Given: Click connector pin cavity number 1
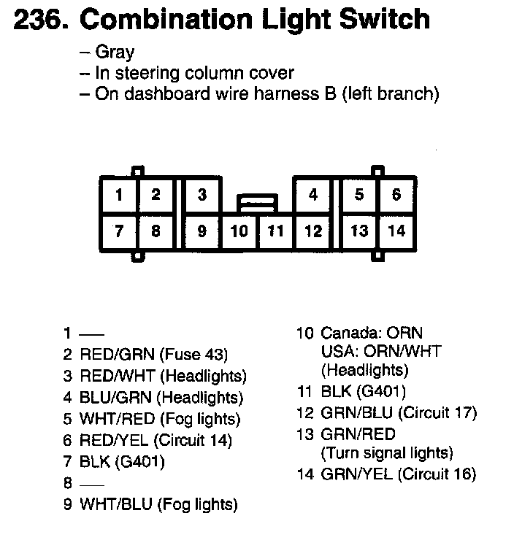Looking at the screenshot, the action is [118, 195].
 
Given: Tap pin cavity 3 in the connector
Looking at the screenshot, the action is [202, 195].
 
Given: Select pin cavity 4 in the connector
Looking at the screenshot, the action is [313, 195].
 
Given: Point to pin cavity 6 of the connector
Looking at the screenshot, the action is [396, 195].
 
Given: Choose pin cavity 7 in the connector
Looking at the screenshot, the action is [118, 231].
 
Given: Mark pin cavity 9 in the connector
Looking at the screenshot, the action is [202, 231].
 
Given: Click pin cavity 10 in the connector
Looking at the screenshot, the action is [239, 232].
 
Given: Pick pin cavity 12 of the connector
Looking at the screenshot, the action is [313, 232].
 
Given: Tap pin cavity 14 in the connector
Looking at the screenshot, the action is [396, 231].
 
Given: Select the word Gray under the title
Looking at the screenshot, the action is [115, 53].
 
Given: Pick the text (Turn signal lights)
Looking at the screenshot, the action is [387, 453].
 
